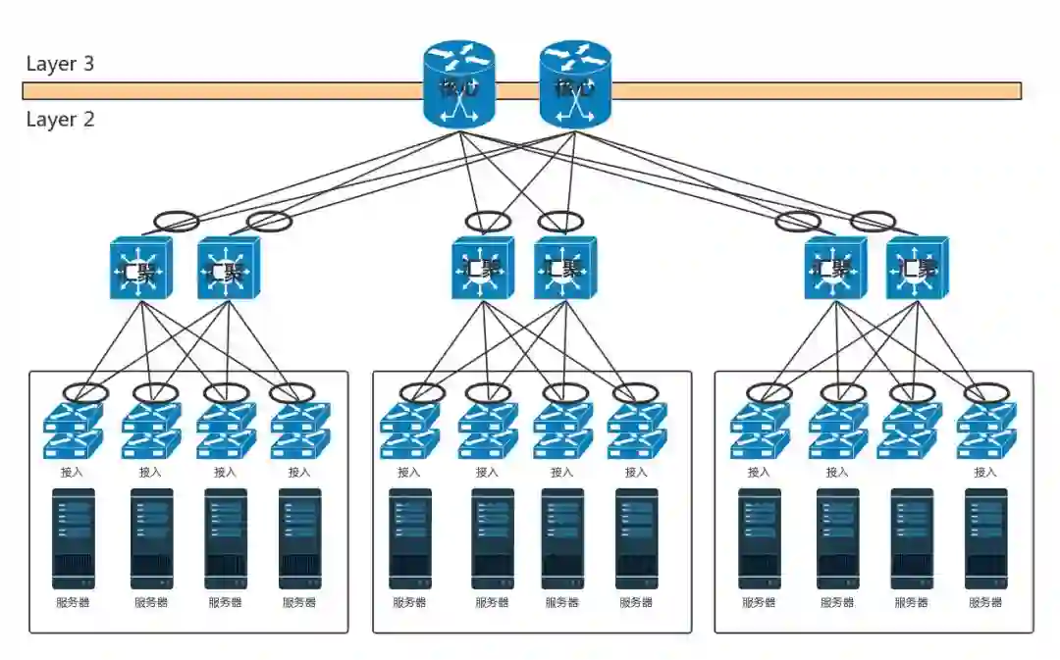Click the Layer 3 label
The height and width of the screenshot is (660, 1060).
(60, 65)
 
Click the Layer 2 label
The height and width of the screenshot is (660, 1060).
(60, 120)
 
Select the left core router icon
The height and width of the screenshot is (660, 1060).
(459, 84)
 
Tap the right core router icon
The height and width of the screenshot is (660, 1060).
(575, 84)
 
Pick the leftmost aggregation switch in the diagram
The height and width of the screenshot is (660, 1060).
(140, 268)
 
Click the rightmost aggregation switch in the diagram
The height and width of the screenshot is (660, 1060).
(917, 268)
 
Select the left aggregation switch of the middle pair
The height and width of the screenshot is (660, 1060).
(483, 268)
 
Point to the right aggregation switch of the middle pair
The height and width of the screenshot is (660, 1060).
(565, 268)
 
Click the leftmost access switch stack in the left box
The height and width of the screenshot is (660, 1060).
(74, 432)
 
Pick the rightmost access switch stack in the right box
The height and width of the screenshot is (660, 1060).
(985, 432)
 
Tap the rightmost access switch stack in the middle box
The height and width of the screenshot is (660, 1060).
(636, 432)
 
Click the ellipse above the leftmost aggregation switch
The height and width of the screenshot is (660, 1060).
(176, 221)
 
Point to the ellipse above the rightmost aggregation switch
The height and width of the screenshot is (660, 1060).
(872, 222)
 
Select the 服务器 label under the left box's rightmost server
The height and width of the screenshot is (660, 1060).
(299, 602)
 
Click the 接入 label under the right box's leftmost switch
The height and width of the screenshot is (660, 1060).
(759, 472)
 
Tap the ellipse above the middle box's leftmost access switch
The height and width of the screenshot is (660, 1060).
(422, 393)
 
